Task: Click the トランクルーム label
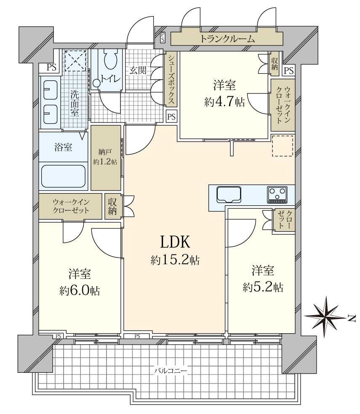227,39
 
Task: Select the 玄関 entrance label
138,70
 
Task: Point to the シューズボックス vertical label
171,79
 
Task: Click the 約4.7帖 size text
224,102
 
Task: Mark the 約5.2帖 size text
263,287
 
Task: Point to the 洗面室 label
75,103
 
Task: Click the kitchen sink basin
229,195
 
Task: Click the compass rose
325,316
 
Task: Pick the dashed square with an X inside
76,61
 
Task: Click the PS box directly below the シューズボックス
171,117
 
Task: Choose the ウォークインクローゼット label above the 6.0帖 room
71,206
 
